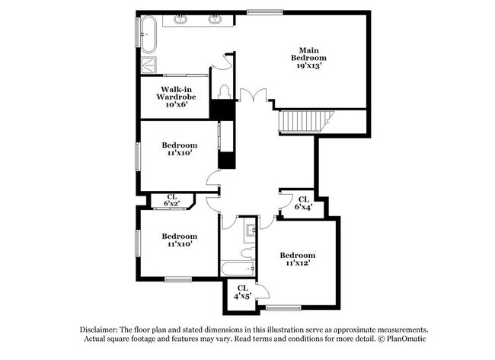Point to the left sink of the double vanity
182,19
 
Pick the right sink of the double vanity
214,19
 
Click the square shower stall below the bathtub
148,65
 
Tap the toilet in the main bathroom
224,91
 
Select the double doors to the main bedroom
253,97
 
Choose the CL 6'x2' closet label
171,200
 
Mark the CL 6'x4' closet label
303,203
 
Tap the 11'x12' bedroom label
297,260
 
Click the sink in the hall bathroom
251,228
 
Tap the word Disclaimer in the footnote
102,330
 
